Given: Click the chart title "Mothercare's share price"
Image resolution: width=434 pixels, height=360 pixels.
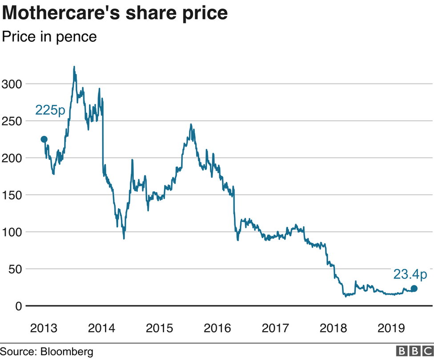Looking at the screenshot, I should (x=115, y=13).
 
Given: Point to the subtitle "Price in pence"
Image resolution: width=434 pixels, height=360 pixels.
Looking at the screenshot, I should (x=49, y=36).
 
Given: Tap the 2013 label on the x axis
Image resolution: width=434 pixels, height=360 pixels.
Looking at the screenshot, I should (x=44, y=328).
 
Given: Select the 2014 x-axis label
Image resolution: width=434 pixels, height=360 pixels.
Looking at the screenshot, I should (x=102, y=328).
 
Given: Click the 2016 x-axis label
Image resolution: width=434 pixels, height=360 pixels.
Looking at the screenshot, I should (x=217, y=328).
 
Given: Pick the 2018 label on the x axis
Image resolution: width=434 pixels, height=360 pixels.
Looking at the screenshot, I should (x=334, y=328).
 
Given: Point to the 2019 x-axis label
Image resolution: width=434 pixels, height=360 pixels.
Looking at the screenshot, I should (x=391, y=328).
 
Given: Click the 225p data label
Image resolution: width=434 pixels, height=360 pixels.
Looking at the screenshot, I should (x=50, y=110).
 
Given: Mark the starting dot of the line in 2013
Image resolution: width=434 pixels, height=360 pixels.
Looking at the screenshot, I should (x=44, y=140).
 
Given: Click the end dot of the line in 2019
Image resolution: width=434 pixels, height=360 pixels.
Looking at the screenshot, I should (x=414, y=289).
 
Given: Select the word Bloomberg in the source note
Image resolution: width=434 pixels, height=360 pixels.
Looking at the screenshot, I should (x=67, y=352).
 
